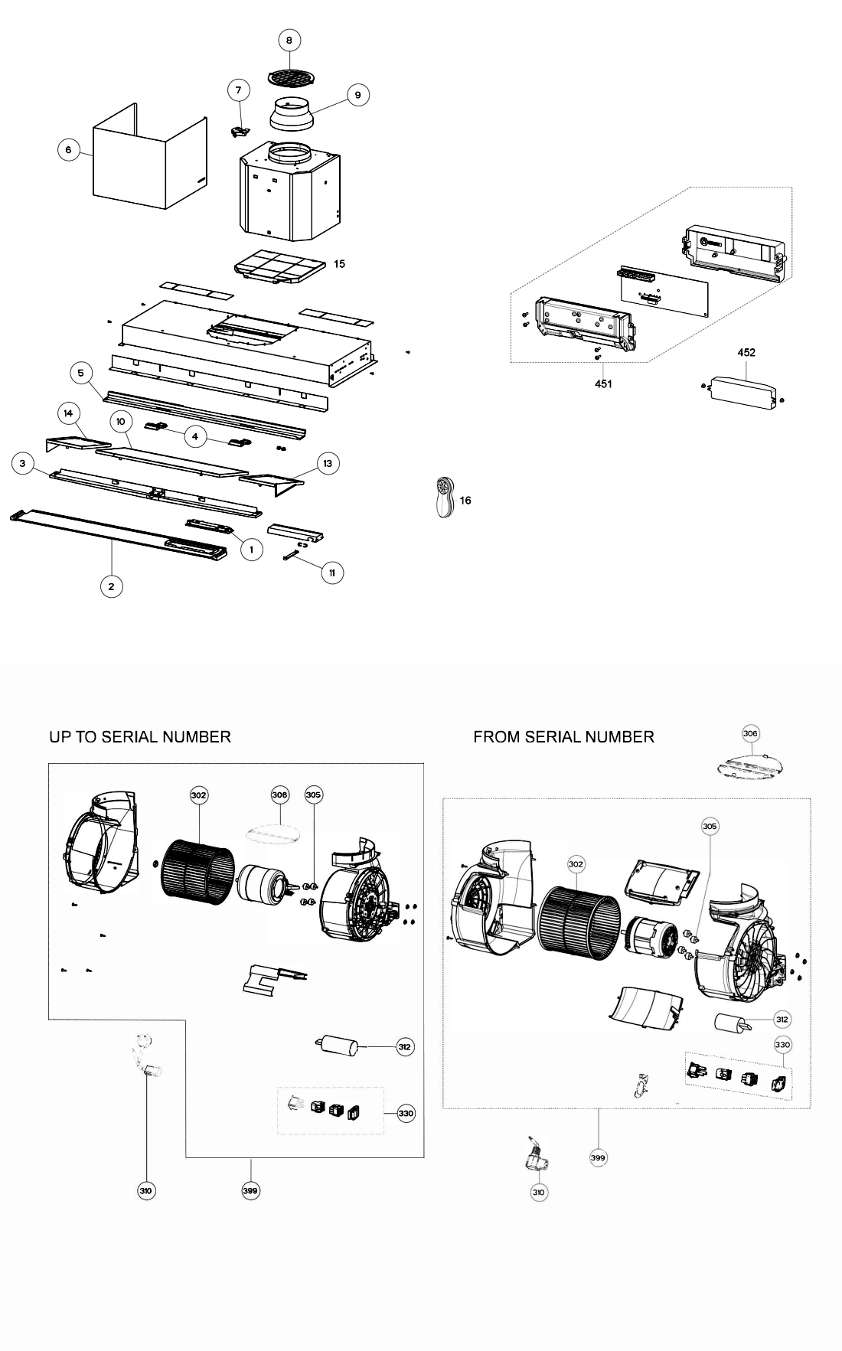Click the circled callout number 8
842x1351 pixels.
[x=289, y=41]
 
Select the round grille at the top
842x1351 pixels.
[x=290, y=77]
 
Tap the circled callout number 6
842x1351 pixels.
[x=68, y=150]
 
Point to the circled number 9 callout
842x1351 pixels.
[x=357, y=95]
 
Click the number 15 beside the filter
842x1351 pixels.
[x=339, y=263]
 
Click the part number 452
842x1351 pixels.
[x=746, y=353]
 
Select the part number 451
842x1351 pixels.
[x=603, y=383]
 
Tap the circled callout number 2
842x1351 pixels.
[x=112, y=586]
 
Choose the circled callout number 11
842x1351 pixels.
[x=332, y=572]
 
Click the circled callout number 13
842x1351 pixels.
[x=328, y=463]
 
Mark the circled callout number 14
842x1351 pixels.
[x=68, y=413]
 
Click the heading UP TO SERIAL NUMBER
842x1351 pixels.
[x=140, y=736]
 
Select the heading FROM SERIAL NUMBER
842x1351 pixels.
[x=563, y=736]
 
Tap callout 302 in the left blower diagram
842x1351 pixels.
[x=199, y=795]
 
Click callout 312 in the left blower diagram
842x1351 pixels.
[x=405, y=1046]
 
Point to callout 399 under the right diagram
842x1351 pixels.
[x=599, y=1157]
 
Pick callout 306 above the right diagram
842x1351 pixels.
[x=750, y=733]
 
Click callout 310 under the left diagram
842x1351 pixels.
[x=146, y=1190]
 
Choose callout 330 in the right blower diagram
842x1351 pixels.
[x=782, y=1044]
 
